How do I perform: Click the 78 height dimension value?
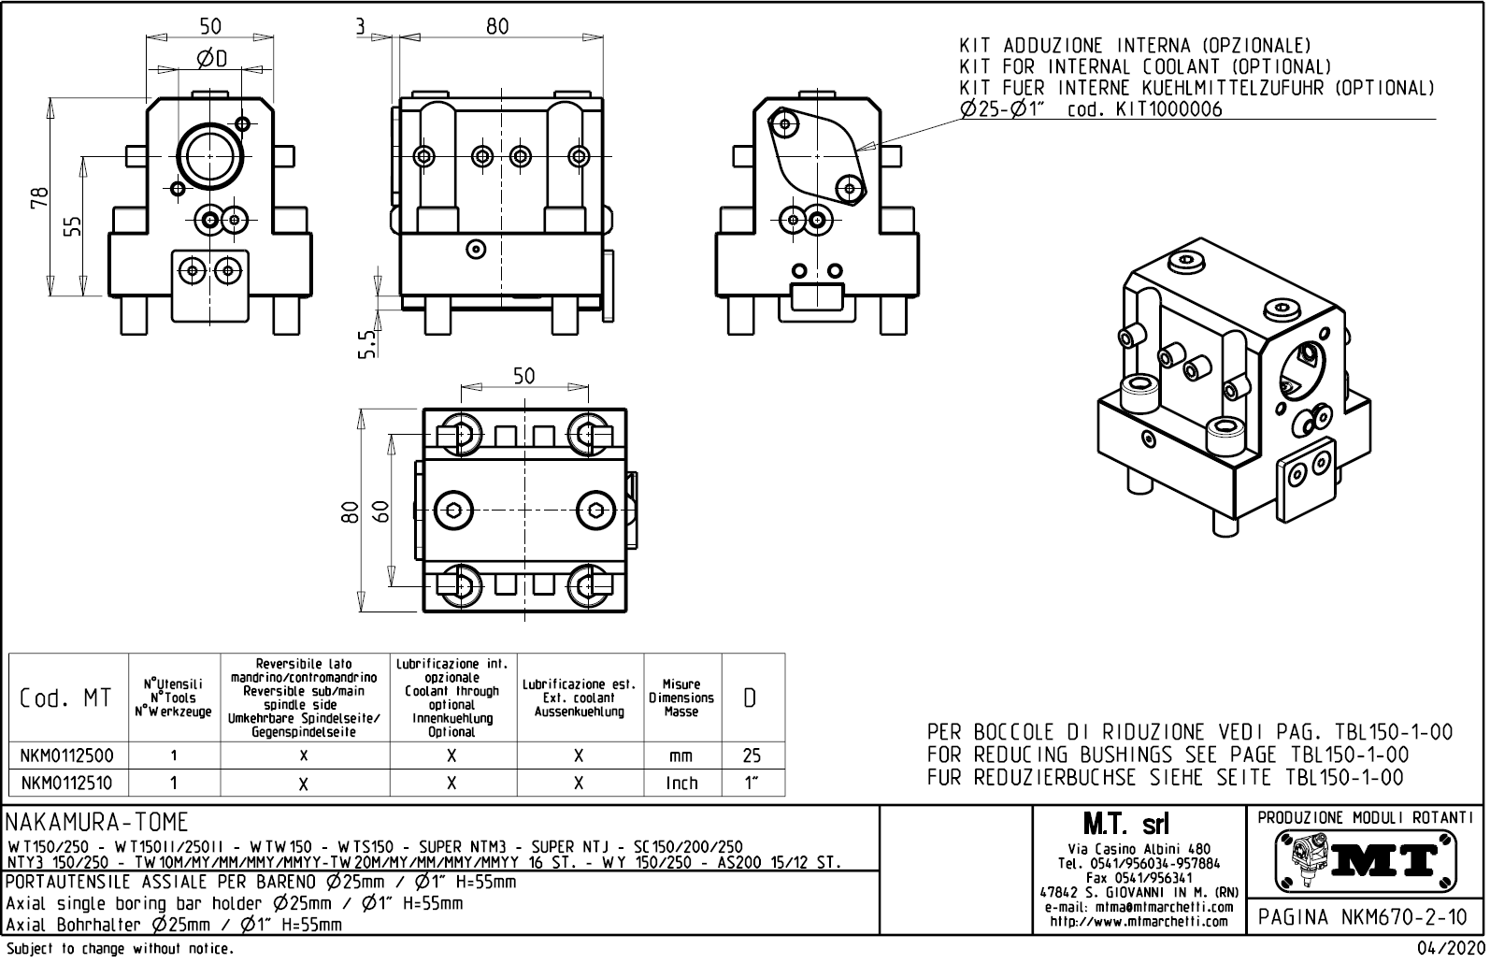point(38,198)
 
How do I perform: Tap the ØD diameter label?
point(212,59)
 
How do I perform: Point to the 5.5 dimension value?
point(367,343)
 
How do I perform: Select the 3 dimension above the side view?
point(361,26)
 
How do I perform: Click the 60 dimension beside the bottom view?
point(380,511)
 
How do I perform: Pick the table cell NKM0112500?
point(67,755)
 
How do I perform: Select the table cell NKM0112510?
point(67,783)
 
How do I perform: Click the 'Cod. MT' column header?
point(65,698)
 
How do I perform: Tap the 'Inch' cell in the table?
point(681,783)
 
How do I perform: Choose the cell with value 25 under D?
point(752,755)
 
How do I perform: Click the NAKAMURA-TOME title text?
point(97,823)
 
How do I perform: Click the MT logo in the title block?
point(1366,859)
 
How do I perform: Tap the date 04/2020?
point(1449,949)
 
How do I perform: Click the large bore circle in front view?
point(211,156)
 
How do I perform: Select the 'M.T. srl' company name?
point(1139,824)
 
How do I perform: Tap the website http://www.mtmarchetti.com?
point(1139,921)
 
